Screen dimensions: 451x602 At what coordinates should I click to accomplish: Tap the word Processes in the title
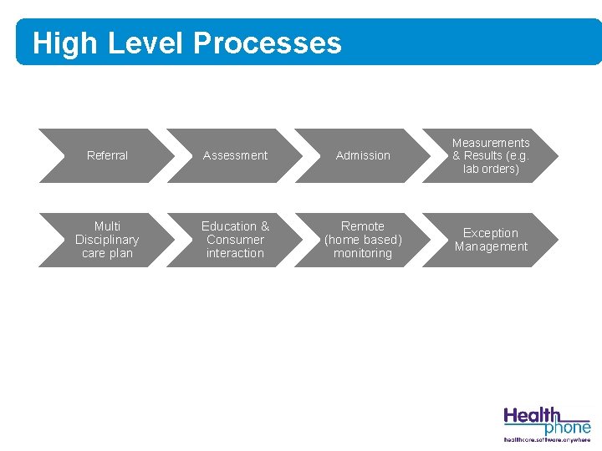click(x=267, y=43)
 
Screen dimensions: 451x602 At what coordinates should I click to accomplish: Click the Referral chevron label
click(x=107, y=155)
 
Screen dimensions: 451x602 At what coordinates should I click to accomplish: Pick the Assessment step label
click(x=235, y=155)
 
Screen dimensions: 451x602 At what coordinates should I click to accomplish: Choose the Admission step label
click(x=363, y=155)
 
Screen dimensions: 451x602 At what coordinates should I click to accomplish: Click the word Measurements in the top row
click(x=491, y=143)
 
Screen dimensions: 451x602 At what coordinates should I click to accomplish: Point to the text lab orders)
click(x=491, y=169)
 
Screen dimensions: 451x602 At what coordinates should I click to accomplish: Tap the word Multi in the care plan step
click(x=107, y=226)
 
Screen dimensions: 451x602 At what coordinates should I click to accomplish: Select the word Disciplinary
click(x=107, y=240)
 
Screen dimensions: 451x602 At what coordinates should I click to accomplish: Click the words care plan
click(x=107, y=253)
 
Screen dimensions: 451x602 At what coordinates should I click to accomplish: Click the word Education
click(x=229, y=226)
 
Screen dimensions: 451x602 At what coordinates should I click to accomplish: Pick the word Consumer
click(x=235, y=240)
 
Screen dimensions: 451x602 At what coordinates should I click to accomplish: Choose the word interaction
click(x=235, y=253)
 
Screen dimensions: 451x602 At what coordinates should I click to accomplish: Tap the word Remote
click(x=363, y=226)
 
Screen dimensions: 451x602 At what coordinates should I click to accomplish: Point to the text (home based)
click(x=363, y=240)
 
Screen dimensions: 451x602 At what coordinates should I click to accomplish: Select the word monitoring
click(x=363, y=253)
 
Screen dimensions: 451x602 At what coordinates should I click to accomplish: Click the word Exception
click(x=491, y=233)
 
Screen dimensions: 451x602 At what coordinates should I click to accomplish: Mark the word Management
click(x=491, y=246)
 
